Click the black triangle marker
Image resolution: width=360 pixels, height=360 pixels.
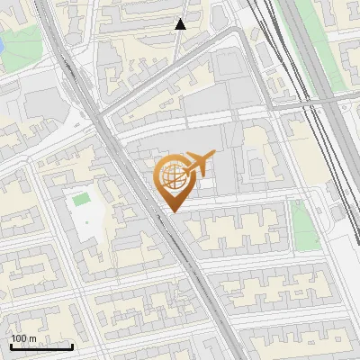coord(181,24)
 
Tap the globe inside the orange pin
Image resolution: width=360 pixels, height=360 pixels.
coord(174,175)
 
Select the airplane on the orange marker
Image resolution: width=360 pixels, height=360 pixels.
coord(199,165)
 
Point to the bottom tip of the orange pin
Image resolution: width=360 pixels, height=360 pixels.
coord(174,211)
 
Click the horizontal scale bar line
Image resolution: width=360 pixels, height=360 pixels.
coord(41,346)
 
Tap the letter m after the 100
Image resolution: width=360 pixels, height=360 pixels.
coord(33,338)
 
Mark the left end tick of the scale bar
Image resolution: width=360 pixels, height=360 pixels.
coord(11,345)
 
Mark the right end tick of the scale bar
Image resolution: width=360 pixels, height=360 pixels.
coord(72,345)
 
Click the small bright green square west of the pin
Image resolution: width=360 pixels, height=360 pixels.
coord(82,199)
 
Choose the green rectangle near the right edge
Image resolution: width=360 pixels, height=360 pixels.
coord(304,225)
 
